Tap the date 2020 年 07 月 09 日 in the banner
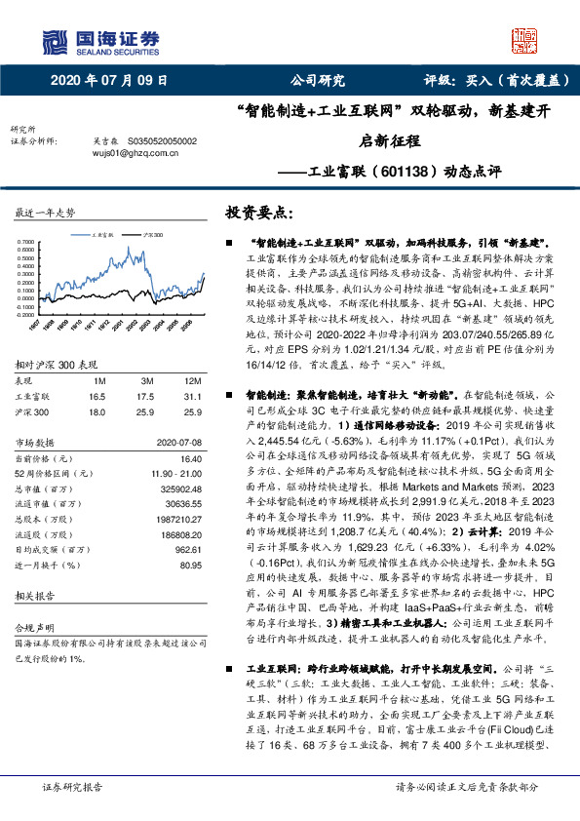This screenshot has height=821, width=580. (108, 82)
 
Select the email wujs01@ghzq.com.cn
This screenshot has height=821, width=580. (123, 152)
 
